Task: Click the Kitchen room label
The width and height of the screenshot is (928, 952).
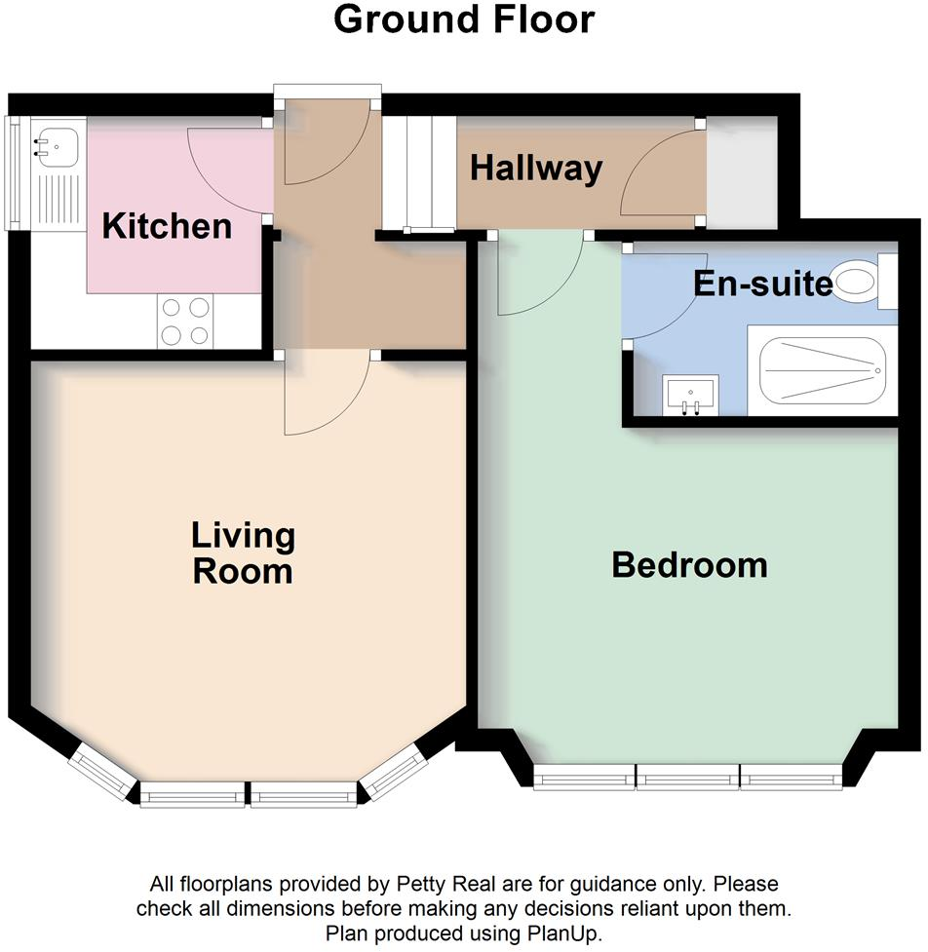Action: coord(167,227)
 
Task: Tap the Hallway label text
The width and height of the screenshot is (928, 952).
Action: coord(535,169)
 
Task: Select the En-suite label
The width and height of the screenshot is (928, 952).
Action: coord(763,284)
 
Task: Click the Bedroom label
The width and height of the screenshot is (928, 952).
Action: coord(689,565)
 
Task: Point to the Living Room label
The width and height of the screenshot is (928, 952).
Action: coord(243,552)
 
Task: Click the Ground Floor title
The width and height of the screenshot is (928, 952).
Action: coord(463,19)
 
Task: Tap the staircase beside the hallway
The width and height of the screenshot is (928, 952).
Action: coord(418,172)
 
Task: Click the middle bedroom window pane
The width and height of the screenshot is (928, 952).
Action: coord(687,777)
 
